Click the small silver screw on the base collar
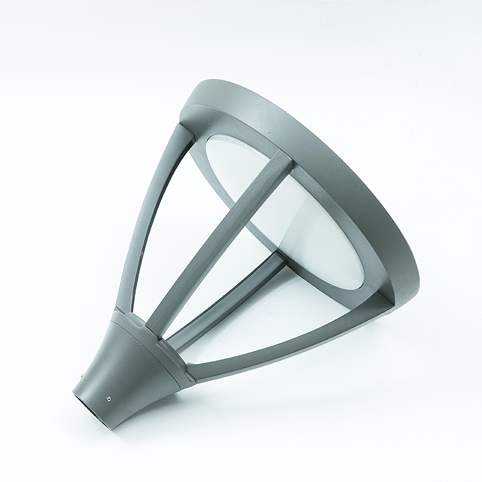point(109,398)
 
